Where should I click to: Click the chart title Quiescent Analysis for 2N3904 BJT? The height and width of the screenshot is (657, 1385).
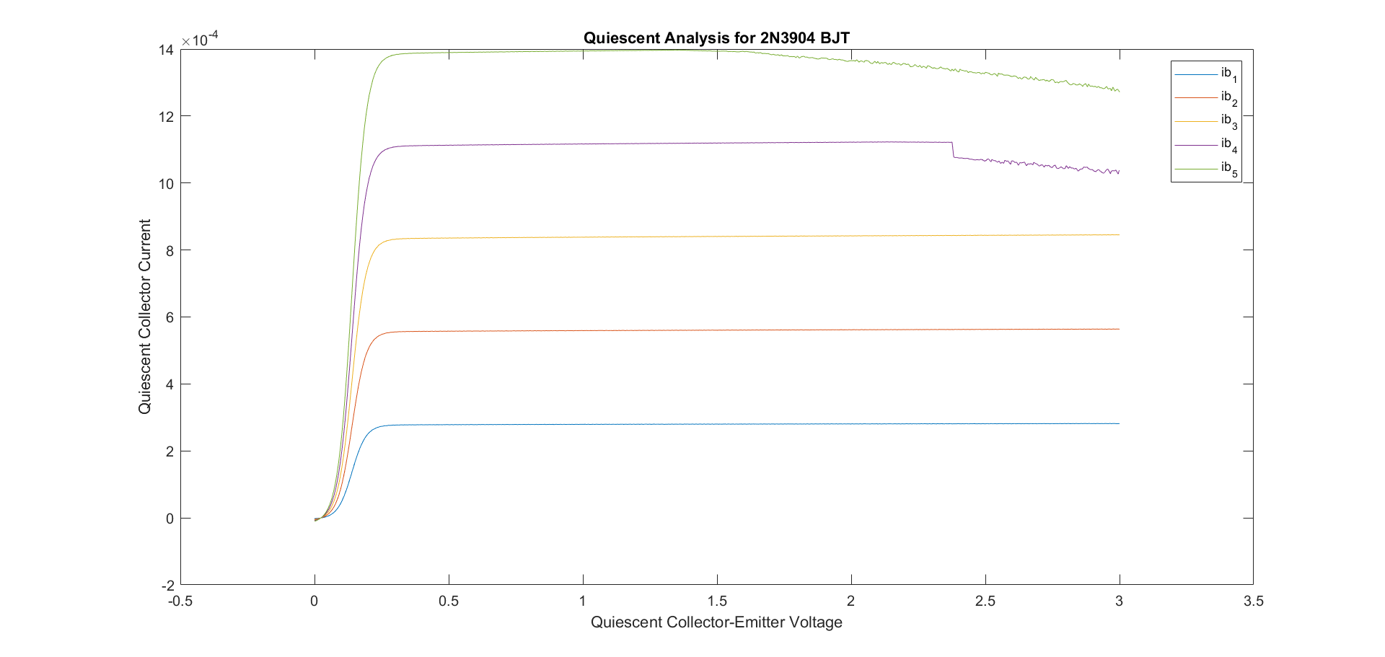click(x=716, y=38)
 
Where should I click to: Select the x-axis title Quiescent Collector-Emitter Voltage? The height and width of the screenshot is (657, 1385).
click(x=716, y=622)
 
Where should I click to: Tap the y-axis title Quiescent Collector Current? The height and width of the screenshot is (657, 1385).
click(x=145, y=317)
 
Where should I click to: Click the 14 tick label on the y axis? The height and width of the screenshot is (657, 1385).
click(x=166, y=50)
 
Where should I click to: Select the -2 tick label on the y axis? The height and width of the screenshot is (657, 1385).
click(x=167, y=585)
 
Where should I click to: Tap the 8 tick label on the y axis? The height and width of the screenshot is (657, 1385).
click(x=170, y=250)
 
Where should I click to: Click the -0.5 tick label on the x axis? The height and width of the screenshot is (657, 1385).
click(x=180, y=601)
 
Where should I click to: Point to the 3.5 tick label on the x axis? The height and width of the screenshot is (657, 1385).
click(x=1253, y=601)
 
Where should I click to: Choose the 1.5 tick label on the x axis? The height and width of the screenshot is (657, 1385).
click(x=717, y=601)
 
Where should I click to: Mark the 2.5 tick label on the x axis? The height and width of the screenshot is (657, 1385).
click(x=985, y=601)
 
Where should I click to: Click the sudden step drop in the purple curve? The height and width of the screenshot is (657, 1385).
click(x=953, y=150)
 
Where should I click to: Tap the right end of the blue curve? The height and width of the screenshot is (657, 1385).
click(x=1119, y=423)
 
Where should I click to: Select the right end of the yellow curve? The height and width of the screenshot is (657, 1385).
click(x=1119, y=234)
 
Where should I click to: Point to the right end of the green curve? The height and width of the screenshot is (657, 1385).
click(x=1119, y=91)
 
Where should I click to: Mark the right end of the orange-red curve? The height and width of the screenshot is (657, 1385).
click(x=1119, y=329)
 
